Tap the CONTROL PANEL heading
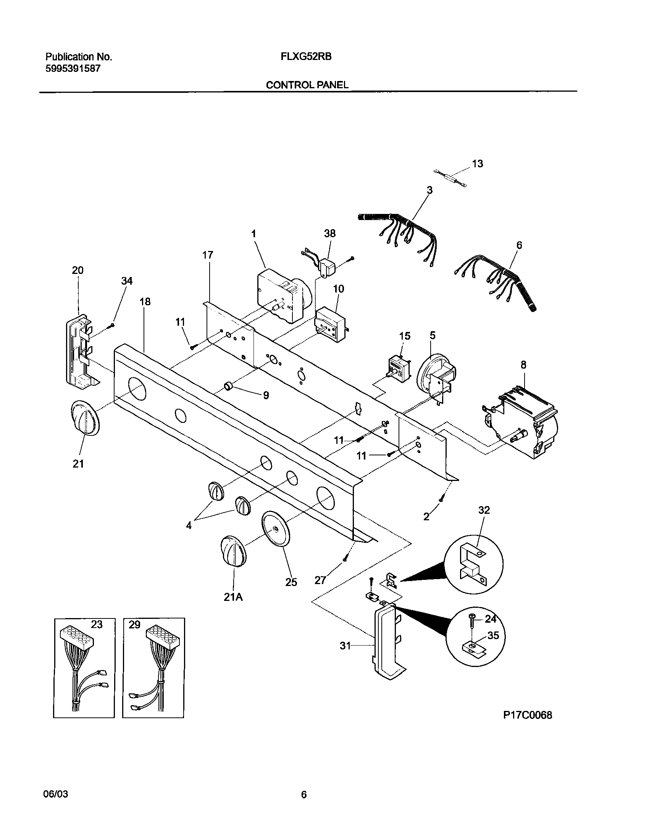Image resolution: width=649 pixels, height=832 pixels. (x=307, y=85)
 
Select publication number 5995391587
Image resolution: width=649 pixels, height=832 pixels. (x=73, y=69)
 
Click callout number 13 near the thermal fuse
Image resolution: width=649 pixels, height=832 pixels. (x=477, y=163)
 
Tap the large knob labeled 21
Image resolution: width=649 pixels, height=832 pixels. (x=85, y=418)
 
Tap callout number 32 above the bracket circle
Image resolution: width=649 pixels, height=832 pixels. (x=484, y=510)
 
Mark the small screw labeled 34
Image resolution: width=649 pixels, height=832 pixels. (x=112, y=325)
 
